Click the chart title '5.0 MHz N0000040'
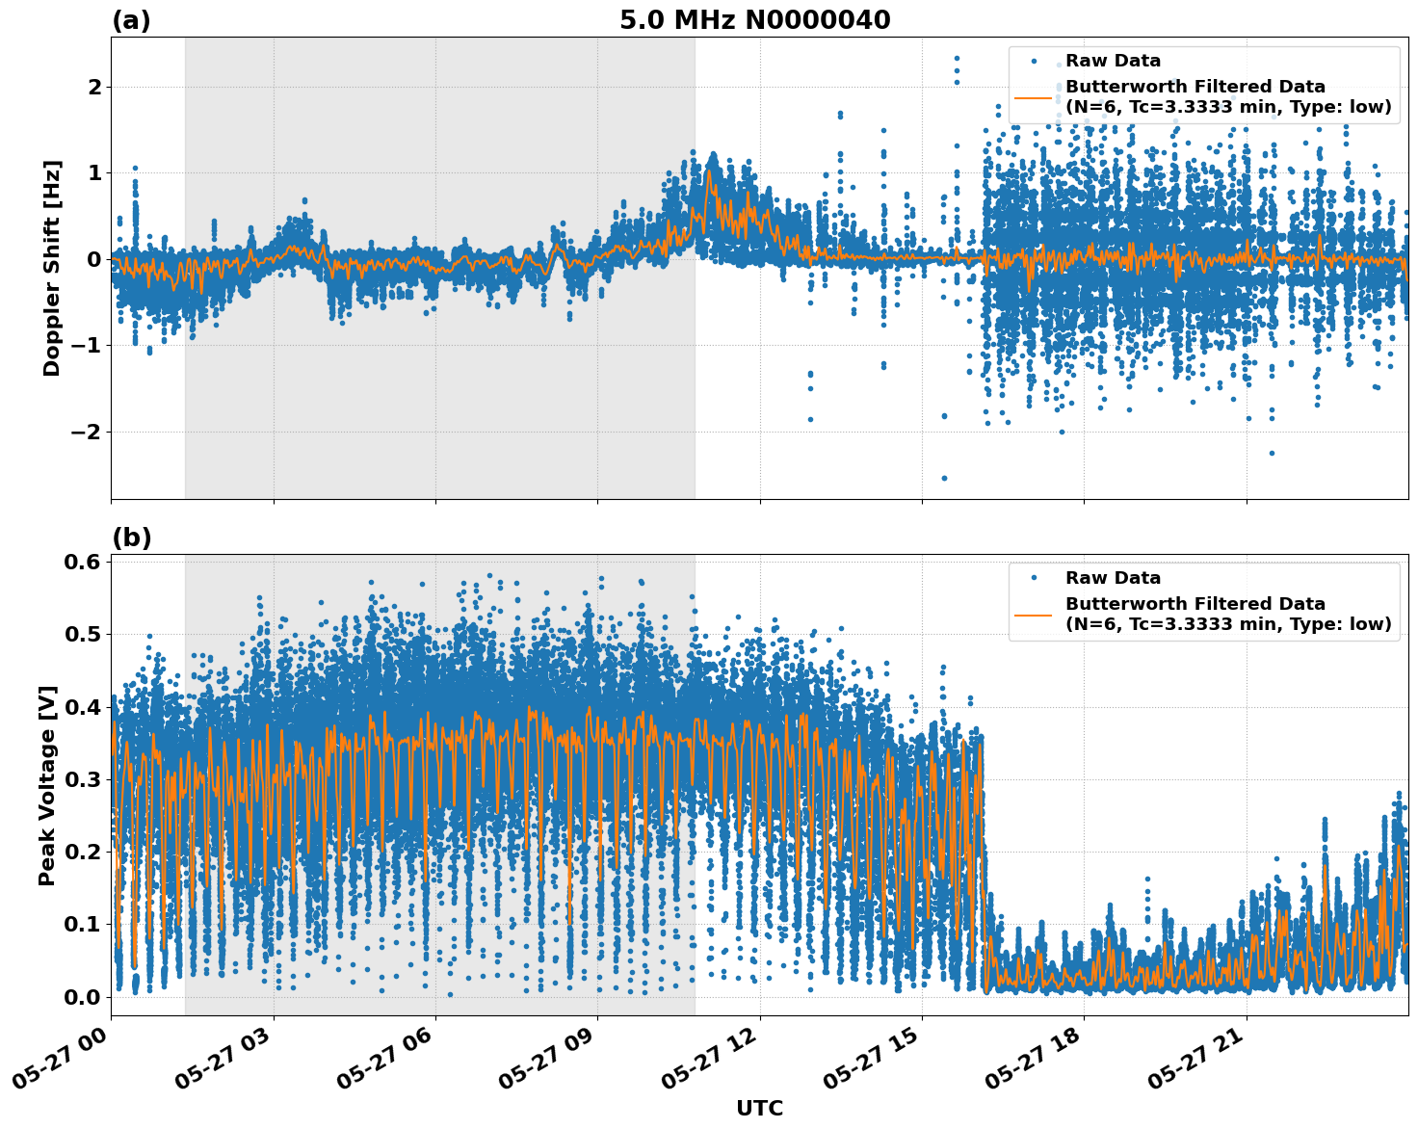coord(754,20)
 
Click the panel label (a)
coord(131,20)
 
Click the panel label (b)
coord(131,538)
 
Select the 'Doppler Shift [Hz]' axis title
coord(52,268)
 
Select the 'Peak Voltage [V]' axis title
coord(47,785)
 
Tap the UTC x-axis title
coord(759,1108)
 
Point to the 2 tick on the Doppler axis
coord(94,88)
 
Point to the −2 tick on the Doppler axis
coord(87,432)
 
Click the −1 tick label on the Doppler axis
coord(87,346)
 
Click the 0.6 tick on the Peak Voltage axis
coord(82,563)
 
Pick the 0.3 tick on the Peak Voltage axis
coord(82,779)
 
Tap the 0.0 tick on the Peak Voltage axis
coord(82,997)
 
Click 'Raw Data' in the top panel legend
coord(1113,62)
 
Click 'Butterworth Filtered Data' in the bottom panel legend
coord(1195,604)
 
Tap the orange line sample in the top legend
coord(1033,97)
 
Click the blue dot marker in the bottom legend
coord(1033,578)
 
